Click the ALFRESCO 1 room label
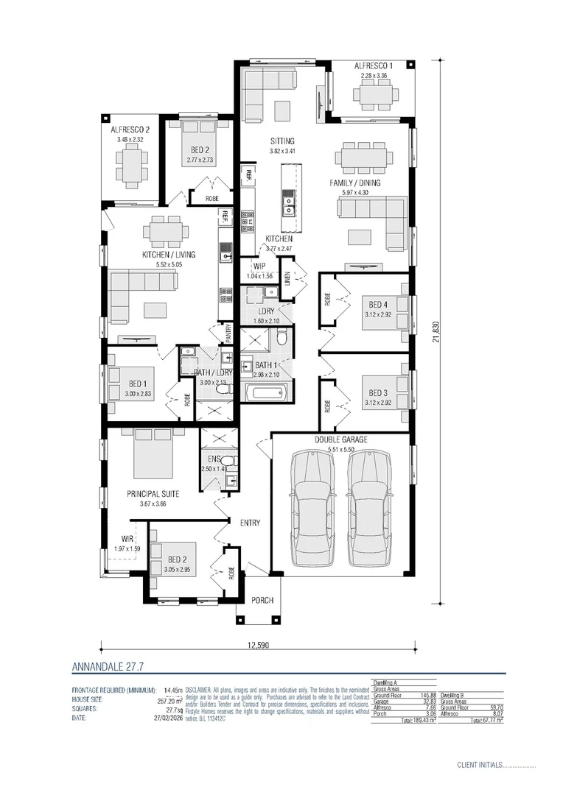372,66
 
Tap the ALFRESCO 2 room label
130,130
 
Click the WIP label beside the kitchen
260,265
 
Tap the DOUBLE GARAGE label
340,439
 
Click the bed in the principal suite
153,453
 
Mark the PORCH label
262,601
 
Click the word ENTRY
251,523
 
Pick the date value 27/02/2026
167,718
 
